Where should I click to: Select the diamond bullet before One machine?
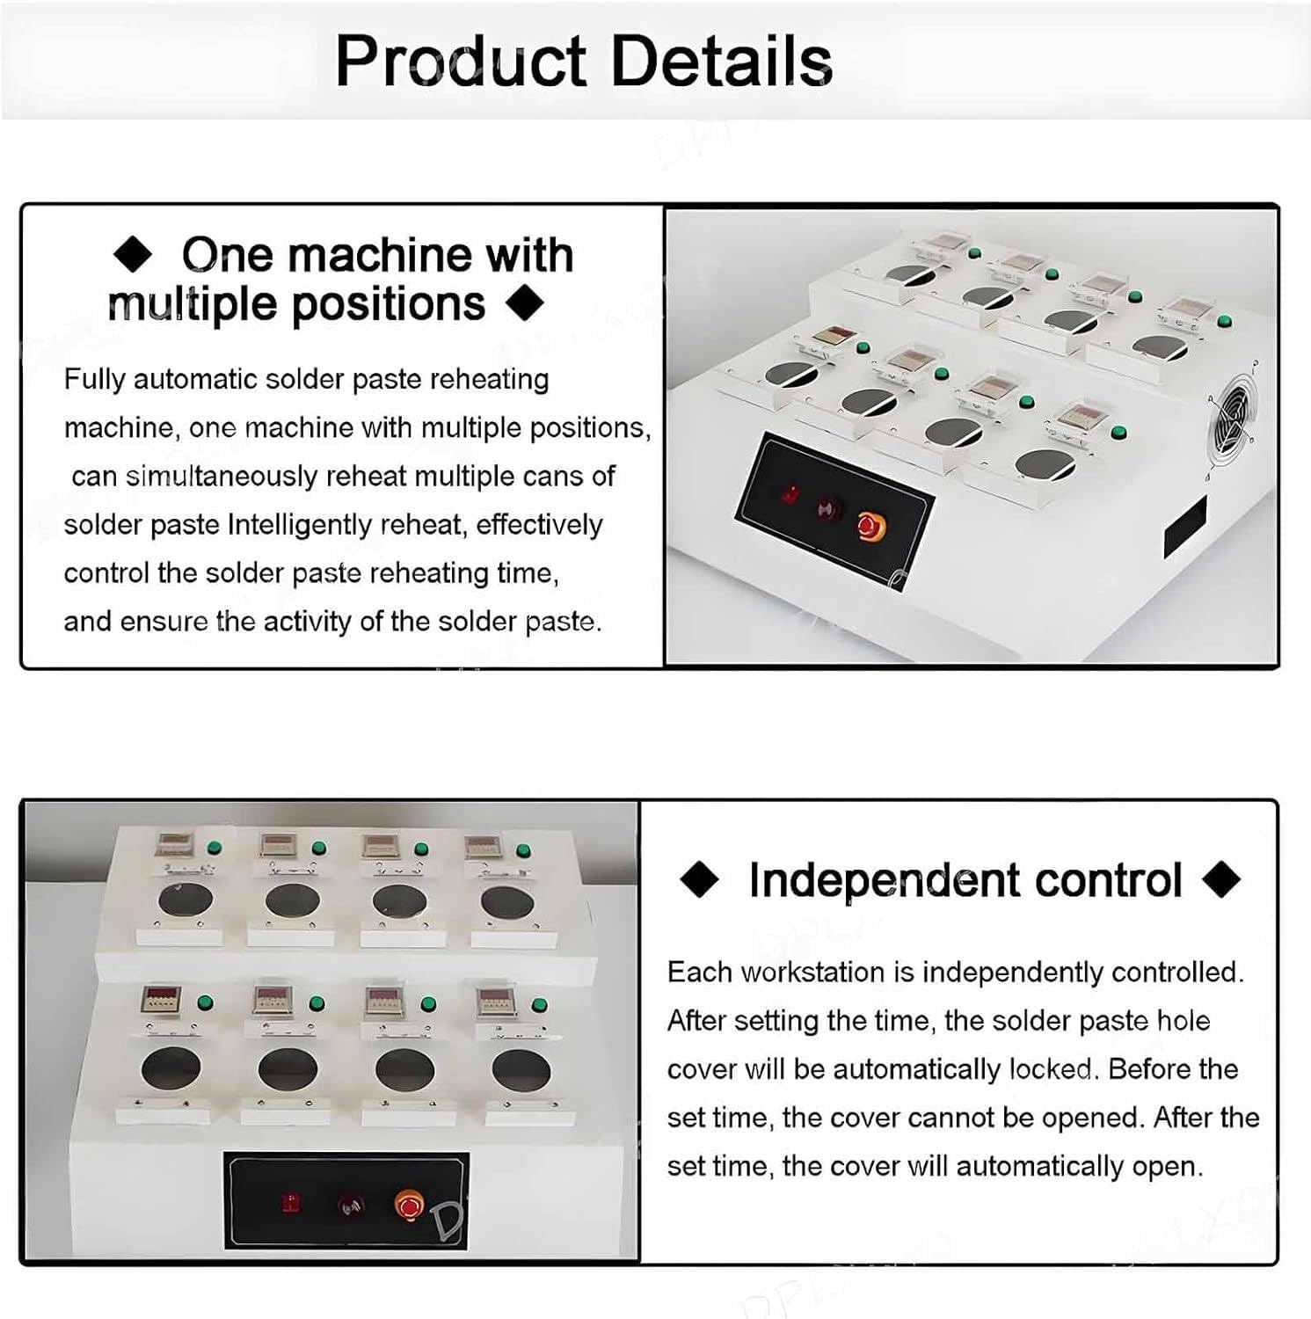pos(134,256)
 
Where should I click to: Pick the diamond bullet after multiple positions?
pos(526,304)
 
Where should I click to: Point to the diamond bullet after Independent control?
pos(1221,879)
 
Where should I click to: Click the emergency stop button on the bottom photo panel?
pos(408,1205)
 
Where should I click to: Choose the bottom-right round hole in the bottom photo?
pos(521,1069)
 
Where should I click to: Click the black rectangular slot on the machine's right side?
pos(1185,528)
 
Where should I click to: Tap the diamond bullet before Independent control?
pos(700,879)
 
